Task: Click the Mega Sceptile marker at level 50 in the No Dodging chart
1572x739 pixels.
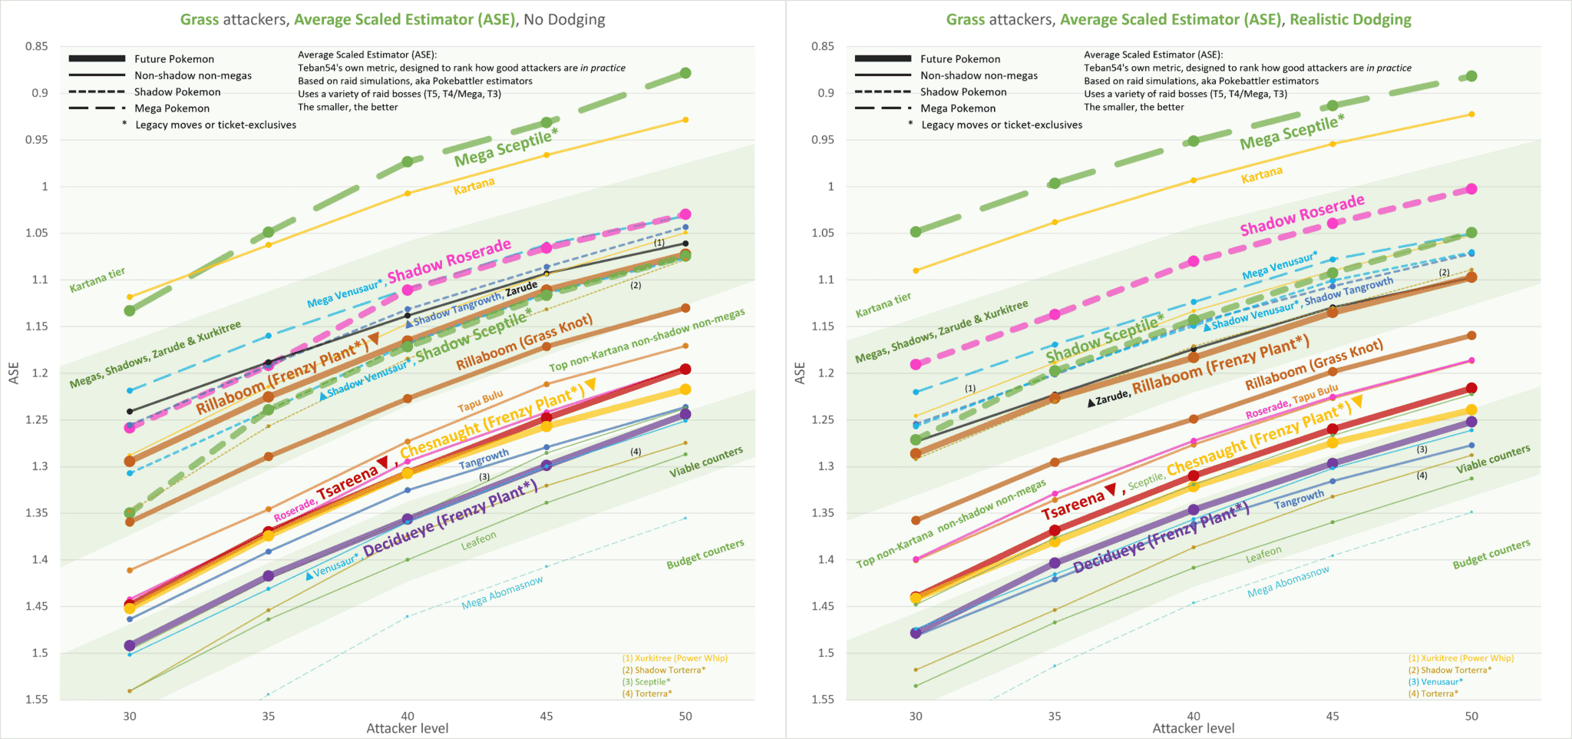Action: [x=685, y=73]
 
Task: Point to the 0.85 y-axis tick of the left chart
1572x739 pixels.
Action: [x=37, y=46]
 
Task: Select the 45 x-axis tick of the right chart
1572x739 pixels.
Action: [x=1333, y=716]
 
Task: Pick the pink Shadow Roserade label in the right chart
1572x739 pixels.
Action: [x=1302, y=215]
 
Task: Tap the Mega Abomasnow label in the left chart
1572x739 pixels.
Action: [x=502, y=593]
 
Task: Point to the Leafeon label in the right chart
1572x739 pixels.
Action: [x=1263, y=553]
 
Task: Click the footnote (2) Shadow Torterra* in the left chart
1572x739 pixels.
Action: [x=664, y=670]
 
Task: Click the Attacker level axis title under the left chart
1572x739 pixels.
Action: [x=407, y=728]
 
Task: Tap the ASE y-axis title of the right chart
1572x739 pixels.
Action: [x=800, y=373]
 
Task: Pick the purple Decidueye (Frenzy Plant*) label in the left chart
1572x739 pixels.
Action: [x=450, y=519]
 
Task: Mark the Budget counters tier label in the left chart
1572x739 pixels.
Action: [x=705, y=554]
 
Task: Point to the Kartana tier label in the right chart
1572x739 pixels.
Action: [x=883, y=304]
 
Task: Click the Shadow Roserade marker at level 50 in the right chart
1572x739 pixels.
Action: [x=1471, y=189]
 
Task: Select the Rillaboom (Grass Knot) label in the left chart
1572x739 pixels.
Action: [x=524, y=342]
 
